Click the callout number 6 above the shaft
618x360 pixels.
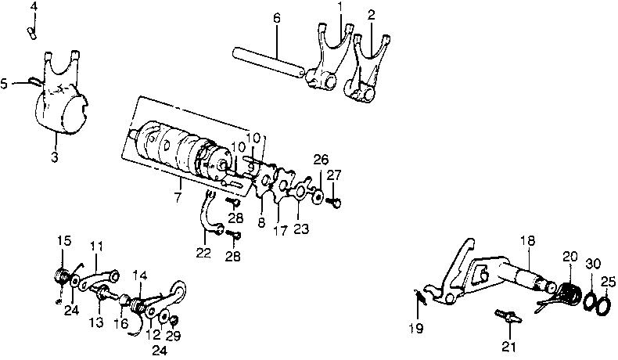277,17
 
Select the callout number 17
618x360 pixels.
280,232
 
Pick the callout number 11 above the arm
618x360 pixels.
95,246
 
